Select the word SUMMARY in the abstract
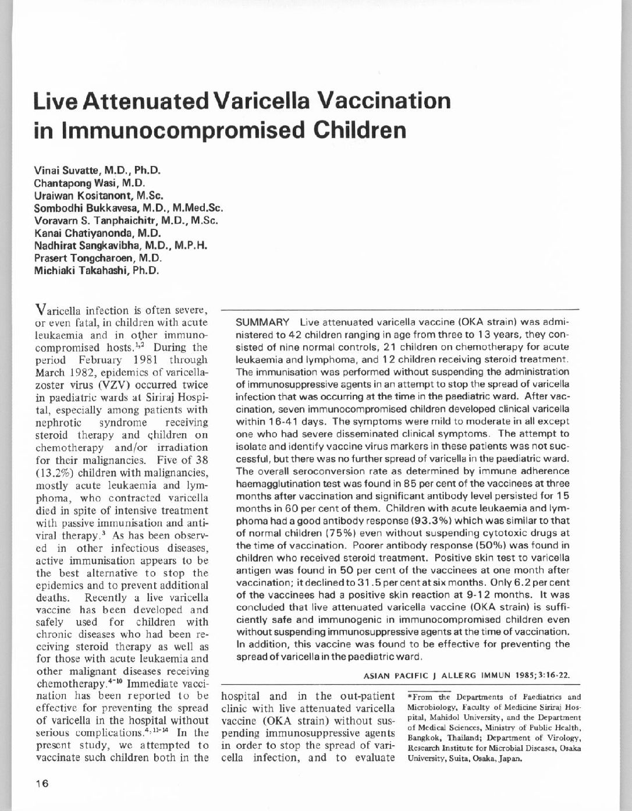point(262,323)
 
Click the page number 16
point(41,783)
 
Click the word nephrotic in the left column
point(56,422)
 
